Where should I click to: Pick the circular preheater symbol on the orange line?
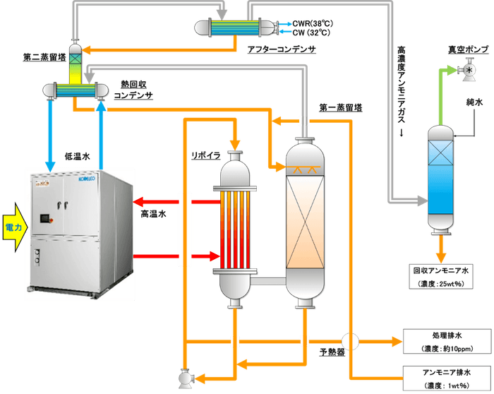click(x=351, y=341)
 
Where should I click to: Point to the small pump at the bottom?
click(x=186, y=378)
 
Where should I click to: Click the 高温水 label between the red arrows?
click(x=153, y=211)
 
